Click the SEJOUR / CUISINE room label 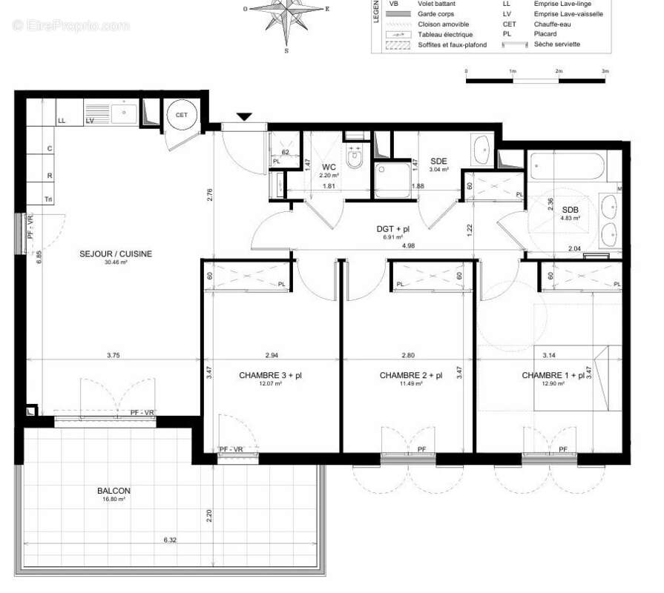(x=116, y=254)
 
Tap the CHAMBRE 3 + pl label (x=270, y=375)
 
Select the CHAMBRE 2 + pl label (x=411, y=375)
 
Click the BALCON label (x=114, y=491)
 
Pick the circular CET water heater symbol (x=181, y=115)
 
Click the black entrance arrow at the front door (x=244, y=116)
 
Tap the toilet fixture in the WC (x=355, y=156)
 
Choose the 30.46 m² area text (x=116, y=262)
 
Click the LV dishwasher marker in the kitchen (x=90, y=120)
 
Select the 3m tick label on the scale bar (x=605, y=70)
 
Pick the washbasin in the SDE (x=480, y=150)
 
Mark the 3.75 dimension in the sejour (x=113, y=355)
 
